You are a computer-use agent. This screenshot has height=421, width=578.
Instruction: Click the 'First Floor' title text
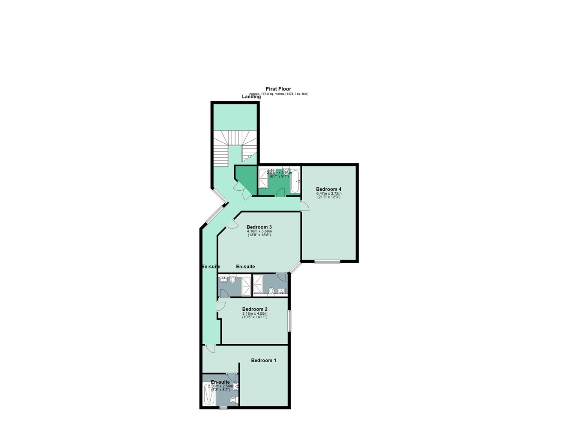pos(278,89)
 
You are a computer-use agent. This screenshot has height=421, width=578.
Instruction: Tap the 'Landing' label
pos(251,97)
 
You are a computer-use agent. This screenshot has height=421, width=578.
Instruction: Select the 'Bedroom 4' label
pos(328,189)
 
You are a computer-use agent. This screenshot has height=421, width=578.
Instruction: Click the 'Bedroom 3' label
pos(259,227)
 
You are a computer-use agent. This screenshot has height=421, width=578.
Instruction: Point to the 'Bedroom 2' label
pos(255,309)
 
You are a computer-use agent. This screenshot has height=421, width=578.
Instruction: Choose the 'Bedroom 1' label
pos(263,361)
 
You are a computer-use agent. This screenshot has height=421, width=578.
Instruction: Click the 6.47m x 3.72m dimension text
pos(329,193)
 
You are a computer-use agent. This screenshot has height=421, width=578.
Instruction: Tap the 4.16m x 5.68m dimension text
pos(259,232)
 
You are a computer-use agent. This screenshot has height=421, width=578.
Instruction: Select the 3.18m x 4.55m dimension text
pos(255,313)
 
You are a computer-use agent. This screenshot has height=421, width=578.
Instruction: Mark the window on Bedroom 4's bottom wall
pos(328,261)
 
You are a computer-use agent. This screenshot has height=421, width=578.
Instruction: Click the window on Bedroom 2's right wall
pos(289,321)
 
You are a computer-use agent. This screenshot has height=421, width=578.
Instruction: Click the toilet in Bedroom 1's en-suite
pos(233,400)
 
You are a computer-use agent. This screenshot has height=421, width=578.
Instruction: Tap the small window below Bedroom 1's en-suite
pos(223,408)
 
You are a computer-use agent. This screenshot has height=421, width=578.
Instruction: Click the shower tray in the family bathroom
pos(263,179)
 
